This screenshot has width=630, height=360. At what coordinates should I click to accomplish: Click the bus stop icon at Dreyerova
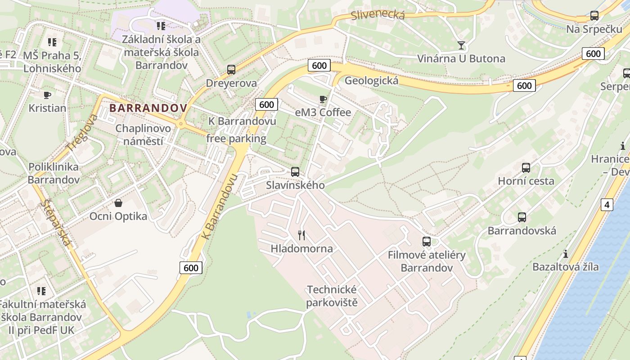(x=231, y=70)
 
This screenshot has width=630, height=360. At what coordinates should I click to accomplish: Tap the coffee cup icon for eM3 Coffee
(x=323, y=99)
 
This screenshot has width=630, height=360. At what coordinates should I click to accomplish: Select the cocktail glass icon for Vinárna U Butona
(x=461, y=45)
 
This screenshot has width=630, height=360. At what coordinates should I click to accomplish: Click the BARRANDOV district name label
(x=148, y=108)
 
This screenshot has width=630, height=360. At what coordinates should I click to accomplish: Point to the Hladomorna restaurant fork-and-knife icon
(x=301, y=235)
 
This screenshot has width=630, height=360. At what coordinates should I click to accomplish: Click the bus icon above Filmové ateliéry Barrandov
(x=427, y=242)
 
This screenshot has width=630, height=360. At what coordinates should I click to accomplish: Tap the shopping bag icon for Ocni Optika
(x=118, y=203)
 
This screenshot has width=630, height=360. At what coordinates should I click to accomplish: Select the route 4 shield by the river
(x=607, y=205)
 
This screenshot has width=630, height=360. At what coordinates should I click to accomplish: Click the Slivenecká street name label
(x=378, y=15)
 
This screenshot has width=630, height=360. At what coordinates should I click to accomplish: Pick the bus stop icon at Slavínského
(x=295, y=171)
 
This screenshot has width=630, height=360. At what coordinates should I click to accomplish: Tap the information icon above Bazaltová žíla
(x=566, y=254)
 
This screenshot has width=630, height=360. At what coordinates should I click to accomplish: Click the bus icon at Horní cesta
(x=526, y=168)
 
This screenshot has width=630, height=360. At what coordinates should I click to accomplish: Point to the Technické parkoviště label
(x=332, y=296)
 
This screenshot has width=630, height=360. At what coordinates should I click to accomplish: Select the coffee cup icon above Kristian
(x=47, y=95)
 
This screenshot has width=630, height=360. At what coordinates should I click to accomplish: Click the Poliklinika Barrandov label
(x=54, y=173)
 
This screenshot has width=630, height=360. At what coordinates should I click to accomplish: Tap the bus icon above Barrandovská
(x=522, y=217)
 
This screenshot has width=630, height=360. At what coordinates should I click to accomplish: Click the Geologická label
(x=371, y=81)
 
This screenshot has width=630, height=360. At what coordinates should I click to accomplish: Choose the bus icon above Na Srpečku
(x=594, y=16)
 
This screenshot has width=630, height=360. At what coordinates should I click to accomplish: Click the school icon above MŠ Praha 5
(x=52, y=42)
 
